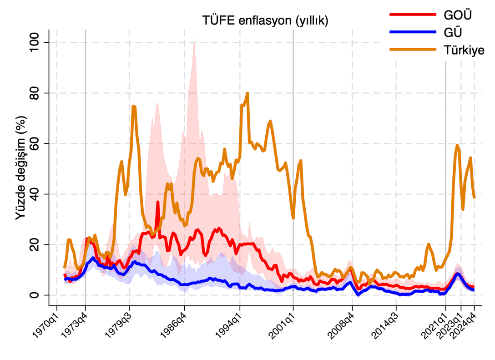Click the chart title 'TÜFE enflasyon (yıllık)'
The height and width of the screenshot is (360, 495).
265,20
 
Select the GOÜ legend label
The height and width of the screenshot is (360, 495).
457,15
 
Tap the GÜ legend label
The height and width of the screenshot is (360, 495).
453,32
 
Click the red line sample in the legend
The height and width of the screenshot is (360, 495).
412,15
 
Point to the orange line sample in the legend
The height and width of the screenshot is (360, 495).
412,50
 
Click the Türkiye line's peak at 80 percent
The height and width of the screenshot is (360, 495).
247,93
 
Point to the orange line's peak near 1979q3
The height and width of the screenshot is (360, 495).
133,106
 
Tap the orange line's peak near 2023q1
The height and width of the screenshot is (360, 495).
457,145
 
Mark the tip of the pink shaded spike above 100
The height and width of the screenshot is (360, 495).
194,39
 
